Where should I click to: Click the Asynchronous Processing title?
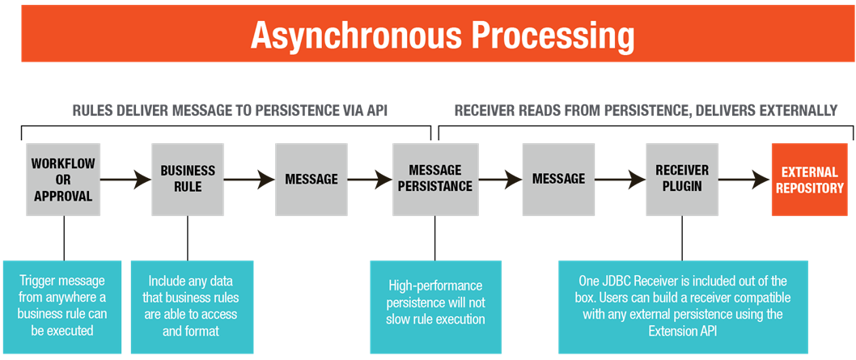443,36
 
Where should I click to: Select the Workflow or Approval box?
63,180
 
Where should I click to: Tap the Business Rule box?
188,180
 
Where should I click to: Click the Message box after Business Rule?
311,180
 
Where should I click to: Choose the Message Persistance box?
435,180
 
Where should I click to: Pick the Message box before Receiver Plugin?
558,180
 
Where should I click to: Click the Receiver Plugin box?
682,180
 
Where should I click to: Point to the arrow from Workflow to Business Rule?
126,180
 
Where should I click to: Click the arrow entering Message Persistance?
370,180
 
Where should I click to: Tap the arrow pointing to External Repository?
745,180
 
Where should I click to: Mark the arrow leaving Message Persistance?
501,180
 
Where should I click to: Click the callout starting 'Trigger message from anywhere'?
62,307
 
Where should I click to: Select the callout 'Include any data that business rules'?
192,307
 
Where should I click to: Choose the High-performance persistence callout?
435,307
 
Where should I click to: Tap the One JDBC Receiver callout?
682,307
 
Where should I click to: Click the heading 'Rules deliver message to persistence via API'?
229,111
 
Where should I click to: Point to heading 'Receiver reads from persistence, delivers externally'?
646,111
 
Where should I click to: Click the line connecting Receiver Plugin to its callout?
682,239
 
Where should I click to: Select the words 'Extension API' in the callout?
682,331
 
